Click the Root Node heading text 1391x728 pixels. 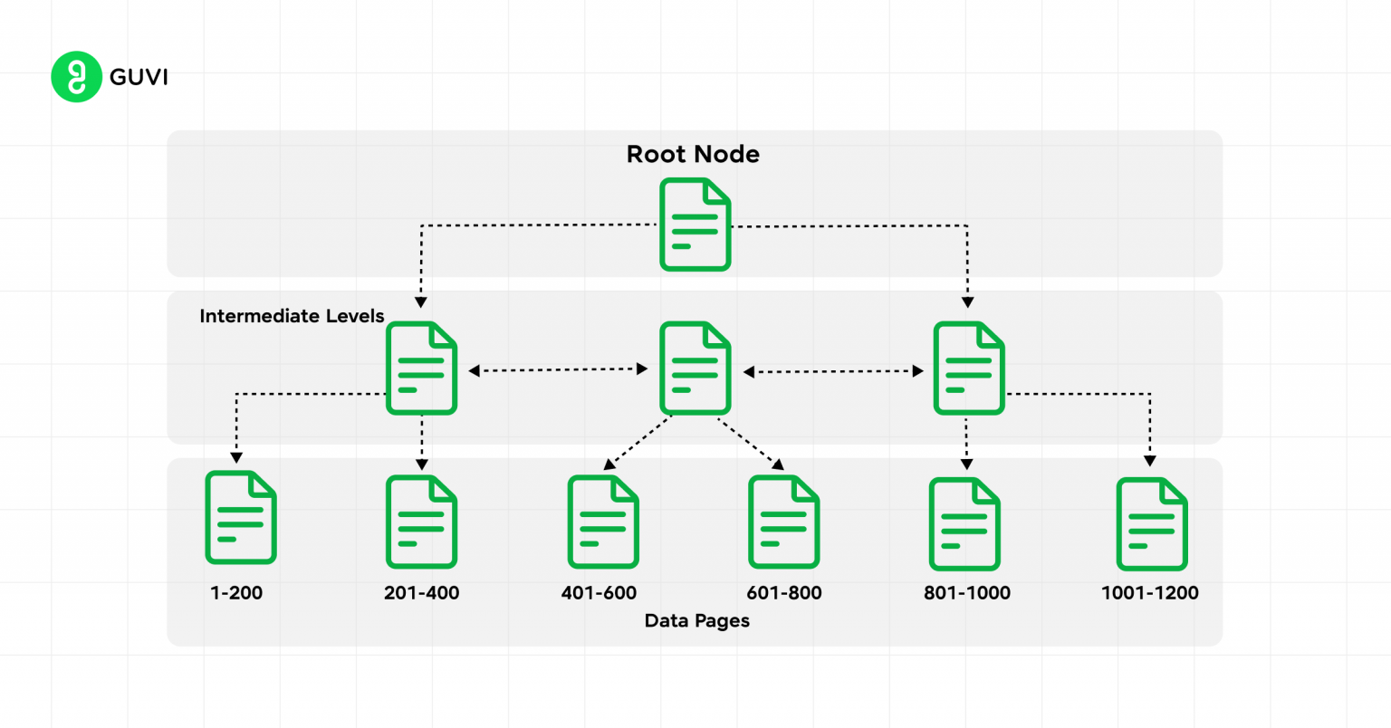[x=693, y=154]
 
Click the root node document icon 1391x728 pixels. [x=695, y=225]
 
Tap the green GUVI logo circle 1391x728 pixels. [x=76, y=77]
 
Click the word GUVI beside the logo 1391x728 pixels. [x=139, y=77]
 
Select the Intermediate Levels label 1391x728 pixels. [x=292, y=316]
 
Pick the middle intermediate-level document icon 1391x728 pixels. [x=695, y=369]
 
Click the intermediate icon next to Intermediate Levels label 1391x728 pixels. [x=421, y=369]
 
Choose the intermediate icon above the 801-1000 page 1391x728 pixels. [x=968, y=369]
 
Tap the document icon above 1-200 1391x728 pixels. [x=240, y=517]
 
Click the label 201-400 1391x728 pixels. [x=421, y=593]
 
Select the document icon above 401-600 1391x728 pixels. [x=602, y=522]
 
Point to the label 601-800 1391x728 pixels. [x=783, y=593]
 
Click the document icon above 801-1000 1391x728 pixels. [x=964, y=524]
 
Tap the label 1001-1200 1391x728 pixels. [x=1149, y=593]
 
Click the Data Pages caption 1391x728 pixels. [x=696, y=621]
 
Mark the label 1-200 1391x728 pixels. [x=236, y=593]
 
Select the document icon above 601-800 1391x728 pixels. [x=783, y=522]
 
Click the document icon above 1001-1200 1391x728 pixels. [x=1151, y=524]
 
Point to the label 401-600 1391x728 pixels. [x=599, y=593]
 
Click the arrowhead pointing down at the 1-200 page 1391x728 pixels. [x=236, y=457]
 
